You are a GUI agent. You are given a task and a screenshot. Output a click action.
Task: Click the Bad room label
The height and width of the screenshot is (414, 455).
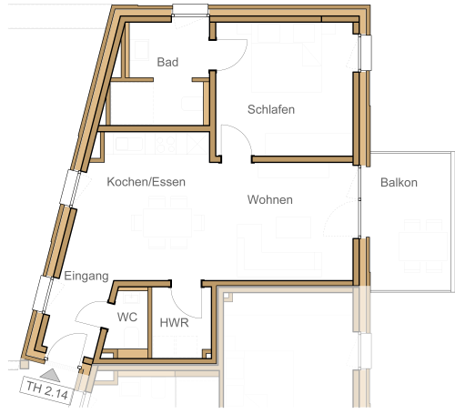pos(167,62)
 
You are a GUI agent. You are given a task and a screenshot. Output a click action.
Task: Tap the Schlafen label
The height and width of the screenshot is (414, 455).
pos(271,109)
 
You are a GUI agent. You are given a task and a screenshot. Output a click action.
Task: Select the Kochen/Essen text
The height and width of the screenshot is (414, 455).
pos(146,182)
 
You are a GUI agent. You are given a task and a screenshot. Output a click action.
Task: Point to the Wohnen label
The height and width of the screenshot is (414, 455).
pos(270,199)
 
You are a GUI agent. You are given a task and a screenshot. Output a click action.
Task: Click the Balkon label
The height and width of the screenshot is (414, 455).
pos(399,182)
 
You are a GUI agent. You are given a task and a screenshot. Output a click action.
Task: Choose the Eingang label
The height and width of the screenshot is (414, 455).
pos(86,276)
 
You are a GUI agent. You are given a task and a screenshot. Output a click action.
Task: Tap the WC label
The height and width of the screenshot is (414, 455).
pos(127,318)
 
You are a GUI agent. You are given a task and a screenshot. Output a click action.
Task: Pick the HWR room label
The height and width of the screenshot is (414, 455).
pos(174,323)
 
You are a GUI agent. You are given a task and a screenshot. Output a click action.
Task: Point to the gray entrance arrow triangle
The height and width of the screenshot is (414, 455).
pos(51,376)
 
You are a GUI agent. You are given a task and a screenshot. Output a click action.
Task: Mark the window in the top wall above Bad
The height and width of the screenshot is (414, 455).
pos(190,10)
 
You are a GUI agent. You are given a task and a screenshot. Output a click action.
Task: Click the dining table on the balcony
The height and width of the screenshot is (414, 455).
pos(423,247)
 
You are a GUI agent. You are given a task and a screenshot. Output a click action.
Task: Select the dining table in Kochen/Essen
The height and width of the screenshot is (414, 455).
pos(167,223)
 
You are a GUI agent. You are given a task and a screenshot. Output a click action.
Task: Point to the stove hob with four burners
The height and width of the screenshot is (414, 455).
pos(166,145)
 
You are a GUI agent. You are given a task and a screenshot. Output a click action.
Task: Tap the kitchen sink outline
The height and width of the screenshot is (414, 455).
pos(129,144)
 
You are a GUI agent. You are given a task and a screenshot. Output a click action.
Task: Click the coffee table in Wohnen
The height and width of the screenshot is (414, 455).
pos(293,227)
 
